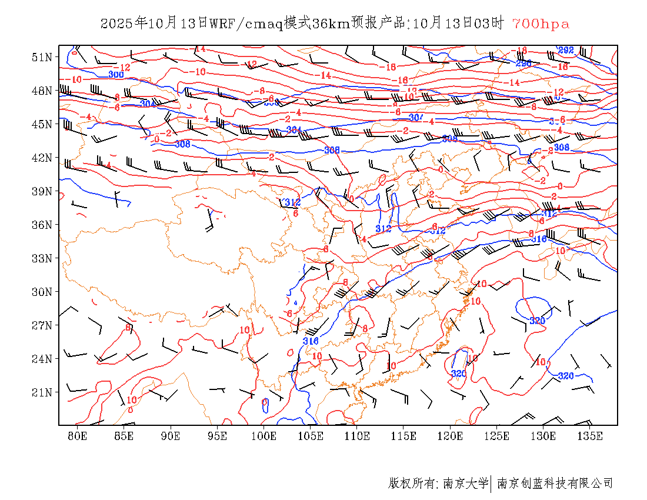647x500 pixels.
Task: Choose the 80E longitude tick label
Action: (x=78, y=436)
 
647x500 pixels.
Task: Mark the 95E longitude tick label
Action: (x=218, y=436)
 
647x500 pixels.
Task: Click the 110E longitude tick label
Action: (x=357, y=436)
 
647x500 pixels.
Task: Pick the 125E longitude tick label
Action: (x=497, y=436)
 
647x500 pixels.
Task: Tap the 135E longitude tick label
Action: (x=590, y=436)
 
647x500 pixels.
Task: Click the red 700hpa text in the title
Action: (x=541, y=24)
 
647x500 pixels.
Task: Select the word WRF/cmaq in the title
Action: (x=246, y=24)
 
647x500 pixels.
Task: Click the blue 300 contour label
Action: (x=116, y=74)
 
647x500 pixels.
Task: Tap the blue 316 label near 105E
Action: (x=311, y=341)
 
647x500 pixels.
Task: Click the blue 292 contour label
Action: (x=566, y=51)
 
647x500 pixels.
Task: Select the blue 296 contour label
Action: (x=523, y=63)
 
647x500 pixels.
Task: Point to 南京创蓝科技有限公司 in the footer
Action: (x=555, y=484)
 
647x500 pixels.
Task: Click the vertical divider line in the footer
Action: (x=491, y=484)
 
